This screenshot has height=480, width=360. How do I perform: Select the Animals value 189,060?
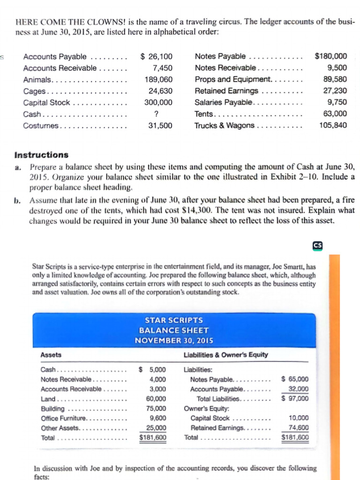click(160, 80)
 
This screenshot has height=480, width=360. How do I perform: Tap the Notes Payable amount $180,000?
click(331, 56)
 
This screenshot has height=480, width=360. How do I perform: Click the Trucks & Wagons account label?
click(225, 125)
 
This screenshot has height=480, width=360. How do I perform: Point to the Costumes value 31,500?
click(160, 125)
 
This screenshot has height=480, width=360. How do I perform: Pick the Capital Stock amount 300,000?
click(160, 103)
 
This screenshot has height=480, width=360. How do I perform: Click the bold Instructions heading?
click(41, 155)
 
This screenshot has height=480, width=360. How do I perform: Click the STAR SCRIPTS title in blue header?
click(174, 320)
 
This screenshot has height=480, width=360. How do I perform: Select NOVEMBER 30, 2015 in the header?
click(174, 340)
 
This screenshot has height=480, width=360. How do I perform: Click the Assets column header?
click(51, 355)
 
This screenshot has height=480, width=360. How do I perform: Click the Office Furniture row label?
click(64, 418)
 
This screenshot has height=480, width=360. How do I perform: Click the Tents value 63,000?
click(335, 114)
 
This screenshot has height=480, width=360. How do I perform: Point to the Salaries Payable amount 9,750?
click(337, 103)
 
